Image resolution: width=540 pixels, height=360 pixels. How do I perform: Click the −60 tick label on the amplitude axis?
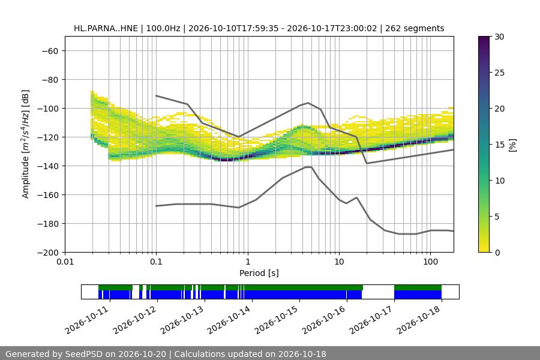tap(50, 51)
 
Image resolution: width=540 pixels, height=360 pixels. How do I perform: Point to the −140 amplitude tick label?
tap(48, 166)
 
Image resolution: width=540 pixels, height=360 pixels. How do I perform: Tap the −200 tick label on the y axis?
tap(48, 253)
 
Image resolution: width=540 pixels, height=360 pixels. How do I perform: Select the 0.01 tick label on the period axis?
tap(65, 262)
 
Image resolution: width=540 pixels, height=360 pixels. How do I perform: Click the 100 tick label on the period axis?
tap(430, 262)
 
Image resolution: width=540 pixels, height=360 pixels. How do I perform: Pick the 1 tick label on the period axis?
tap(248, 262)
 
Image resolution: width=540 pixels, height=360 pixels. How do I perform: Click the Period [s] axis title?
tap(259, 273)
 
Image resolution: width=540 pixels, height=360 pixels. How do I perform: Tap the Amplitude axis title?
tap(26, 144)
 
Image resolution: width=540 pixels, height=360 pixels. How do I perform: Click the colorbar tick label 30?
tap(499, 37)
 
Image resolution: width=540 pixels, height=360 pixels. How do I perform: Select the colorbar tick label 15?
tap(499, 145)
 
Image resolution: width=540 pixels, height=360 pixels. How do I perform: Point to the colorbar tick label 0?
tap(497, 253)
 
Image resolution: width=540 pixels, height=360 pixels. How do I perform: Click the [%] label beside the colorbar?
tap(513, 145)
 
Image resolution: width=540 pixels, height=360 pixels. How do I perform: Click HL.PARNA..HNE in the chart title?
tap(106, 28)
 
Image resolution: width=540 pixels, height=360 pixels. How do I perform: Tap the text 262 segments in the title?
tap(415, 28)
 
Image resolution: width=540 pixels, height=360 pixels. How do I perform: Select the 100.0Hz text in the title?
tap(163, 28)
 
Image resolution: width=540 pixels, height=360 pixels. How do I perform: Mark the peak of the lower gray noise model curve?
tap(308, 167)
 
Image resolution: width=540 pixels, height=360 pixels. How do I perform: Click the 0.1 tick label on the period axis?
tap(157, 262)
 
